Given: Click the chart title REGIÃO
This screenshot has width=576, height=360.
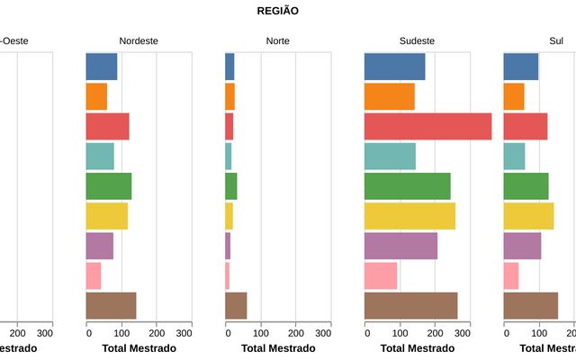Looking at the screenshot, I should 278,11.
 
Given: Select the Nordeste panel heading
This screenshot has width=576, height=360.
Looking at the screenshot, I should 139,41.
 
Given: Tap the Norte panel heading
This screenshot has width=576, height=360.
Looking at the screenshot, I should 278,41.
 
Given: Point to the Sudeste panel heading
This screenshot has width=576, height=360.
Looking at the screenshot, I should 417,41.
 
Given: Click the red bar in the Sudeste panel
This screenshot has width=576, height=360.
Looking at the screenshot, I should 427,126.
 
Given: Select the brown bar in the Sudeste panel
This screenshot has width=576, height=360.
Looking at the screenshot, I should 410,306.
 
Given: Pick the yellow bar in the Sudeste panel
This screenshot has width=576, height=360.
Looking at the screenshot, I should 409,216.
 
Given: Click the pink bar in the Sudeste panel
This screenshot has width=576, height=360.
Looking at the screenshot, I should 381,275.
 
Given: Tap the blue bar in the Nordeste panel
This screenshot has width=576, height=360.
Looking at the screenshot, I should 102,67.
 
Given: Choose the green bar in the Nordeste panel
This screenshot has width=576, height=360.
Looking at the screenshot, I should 109,186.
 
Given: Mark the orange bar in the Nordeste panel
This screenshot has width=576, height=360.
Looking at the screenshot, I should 96,96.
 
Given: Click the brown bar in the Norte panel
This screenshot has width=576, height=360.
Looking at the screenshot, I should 236,306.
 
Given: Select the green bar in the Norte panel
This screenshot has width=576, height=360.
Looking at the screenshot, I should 231,186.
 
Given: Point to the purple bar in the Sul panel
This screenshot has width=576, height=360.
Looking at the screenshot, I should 522,246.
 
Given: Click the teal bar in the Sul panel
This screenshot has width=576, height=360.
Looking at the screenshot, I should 514,156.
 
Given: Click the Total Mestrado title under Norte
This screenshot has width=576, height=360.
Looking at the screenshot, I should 278,348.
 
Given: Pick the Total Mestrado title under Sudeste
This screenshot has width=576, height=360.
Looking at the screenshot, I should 417,348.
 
